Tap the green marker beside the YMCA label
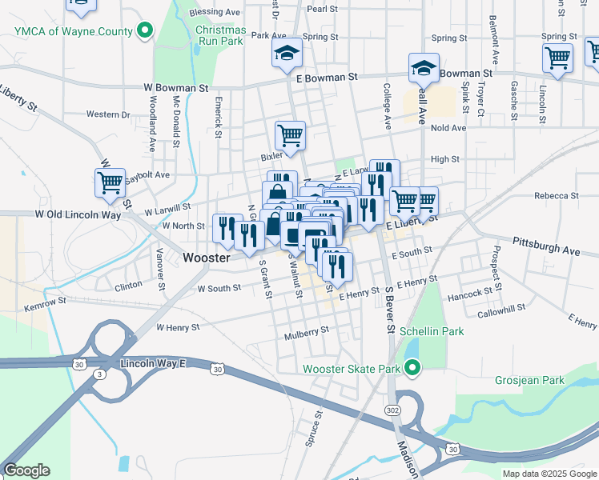coord(144,31)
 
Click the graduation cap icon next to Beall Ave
coord(424,68)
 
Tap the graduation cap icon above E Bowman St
coord(287,53)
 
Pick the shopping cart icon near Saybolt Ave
coord(110,182)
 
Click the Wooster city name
coord(207,258)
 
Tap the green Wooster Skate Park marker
coord(412,369)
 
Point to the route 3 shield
coord(98,374)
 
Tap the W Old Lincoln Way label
coord(78,214)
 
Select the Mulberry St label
coord(307,331)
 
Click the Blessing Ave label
coord(215,13)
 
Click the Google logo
coord(26,470)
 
